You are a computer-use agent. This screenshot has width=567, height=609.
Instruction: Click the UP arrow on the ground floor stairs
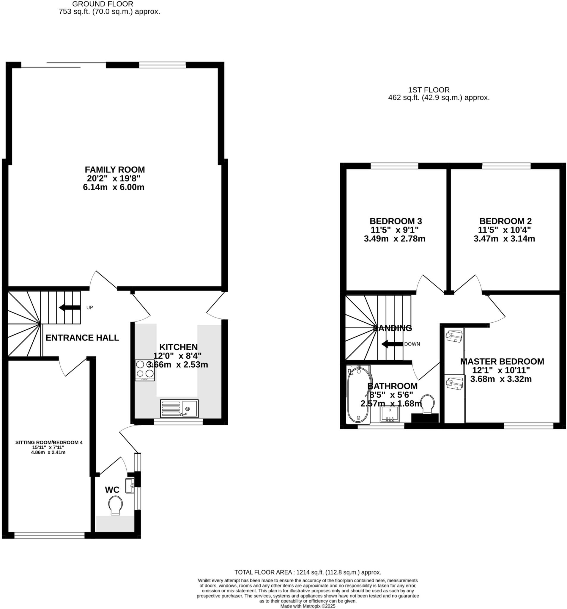(69, 307)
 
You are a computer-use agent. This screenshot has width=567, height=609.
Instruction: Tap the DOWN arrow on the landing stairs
(392, 344)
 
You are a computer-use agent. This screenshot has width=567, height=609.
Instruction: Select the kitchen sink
(179, 408)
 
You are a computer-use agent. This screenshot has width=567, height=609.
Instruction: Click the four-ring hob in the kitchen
(144, 370)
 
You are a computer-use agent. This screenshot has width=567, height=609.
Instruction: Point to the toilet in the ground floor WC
(115, 505)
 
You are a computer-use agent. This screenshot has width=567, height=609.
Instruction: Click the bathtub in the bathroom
(357, 394)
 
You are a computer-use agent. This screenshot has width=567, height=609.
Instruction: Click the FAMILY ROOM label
(114, 169)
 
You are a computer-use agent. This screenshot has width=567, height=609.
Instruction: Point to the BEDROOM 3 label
(396, 221)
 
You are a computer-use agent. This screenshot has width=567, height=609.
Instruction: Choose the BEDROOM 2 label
(505, 221)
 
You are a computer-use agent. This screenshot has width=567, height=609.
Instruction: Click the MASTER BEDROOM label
(502, 361)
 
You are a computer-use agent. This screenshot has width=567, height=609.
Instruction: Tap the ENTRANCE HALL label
(82, 338)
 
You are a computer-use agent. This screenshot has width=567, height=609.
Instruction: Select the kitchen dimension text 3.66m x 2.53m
(178, 365)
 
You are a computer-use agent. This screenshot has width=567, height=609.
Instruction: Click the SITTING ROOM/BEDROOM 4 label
(49, 442)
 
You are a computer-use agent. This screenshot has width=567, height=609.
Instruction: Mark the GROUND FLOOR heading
(103, 4)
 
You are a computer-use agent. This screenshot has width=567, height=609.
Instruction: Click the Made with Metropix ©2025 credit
(308, 606)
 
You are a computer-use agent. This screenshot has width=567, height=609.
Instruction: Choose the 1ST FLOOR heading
(429, 90)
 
